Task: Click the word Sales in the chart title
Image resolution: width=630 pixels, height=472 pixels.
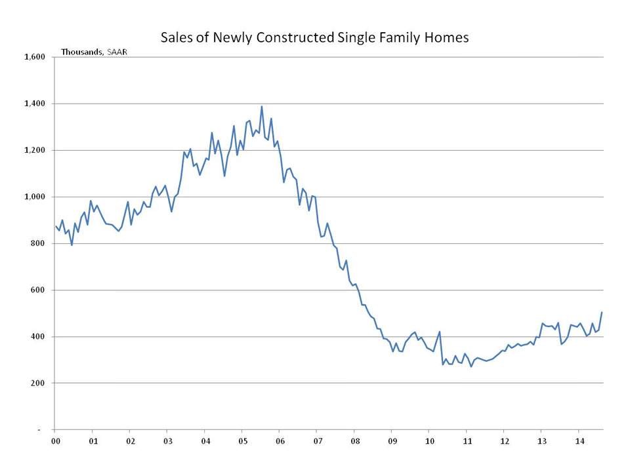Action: click(177, 37)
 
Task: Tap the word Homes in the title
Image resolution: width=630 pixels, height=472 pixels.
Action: click(446, 37)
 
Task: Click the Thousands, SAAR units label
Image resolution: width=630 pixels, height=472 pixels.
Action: click(94, 51)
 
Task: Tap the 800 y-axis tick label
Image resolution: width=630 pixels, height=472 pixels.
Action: click(37, 243)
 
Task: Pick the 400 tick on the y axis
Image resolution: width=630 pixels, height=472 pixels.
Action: click(37, 336)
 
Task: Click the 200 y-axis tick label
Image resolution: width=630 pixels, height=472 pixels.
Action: click(37, 383)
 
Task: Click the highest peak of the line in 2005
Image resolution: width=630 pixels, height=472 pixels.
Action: click(262, 106)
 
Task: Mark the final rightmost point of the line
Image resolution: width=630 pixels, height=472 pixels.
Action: click(602, 312)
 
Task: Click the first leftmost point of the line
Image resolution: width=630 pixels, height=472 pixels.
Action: click(56, 226)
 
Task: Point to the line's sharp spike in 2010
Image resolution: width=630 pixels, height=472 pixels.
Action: click(440, 332)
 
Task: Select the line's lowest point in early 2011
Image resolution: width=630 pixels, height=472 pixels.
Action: click(471, 366)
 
